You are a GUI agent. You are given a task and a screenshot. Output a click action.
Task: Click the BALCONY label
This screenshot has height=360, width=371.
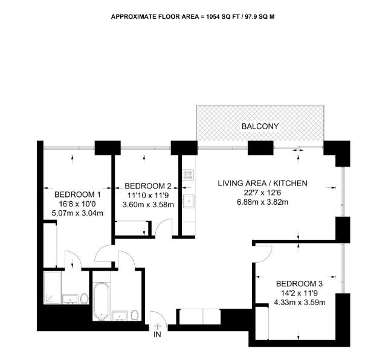(260, 126)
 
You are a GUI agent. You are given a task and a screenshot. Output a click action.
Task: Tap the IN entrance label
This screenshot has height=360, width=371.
(157, 334)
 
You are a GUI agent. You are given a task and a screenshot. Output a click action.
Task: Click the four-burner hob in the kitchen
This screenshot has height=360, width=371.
(189, 175)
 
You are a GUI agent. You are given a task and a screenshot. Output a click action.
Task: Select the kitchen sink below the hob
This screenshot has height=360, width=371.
(189, 201)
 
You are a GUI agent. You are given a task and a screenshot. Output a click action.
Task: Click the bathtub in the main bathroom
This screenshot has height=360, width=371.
(102, 301)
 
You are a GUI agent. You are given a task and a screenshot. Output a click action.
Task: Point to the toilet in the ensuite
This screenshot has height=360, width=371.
(84, 298)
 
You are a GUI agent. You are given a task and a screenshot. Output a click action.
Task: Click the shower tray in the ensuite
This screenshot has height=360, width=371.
(52, 288)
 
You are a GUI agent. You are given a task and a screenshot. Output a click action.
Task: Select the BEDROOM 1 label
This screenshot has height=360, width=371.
(77, 194)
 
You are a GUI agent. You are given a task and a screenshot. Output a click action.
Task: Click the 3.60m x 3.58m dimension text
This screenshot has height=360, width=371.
(149, 205)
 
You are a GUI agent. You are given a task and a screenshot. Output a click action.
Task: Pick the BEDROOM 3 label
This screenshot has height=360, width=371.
(299, 283)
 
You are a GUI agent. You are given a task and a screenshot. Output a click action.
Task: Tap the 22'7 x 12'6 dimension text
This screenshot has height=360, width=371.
(262, 193)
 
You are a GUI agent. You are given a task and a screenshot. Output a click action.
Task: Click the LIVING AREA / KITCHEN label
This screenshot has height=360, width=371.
(263, 183)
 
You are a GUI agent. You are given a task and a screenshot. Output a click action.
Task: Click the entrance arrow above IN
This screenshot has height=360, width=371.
(157, 326)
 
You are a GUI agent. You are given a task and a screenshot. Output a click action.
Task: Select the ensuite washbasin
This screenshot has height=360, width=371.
(70, 299)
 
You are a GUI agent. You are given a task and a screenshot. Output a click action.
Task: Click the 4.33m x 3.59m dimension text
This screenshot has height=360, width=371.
(300, 303)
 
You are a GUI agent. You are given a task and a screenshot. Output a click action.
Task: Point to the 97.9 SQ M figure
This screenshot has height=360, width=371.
(260, 17)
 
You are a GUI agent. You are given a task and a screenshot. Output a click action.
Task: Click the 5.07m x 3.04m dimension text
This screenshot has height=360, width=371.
(77, 213)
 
